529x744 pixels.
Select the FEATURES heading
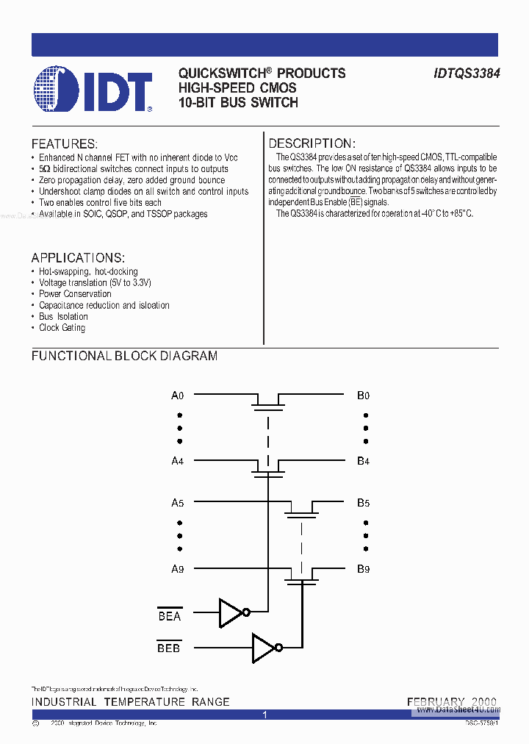click(64, 144)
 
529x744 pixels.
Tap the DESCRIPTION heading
click(312, 143)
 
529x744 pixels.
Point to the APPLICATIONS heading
click(78, 258)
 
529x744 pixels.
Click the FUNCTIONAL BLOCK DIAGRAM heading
click(124, 356)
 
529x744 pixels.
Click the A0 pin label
click(177, 396)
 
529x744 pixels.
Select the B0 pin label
click(363, 396)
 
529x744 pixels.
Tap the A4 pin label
click(177, 461)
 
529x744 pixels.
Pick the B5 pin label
click(363, 504)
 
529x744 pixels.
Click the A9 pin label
click(177, 568)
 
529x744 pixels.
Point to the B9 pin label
click(363, 568)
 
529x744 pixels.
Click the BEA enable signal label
click(170, 616)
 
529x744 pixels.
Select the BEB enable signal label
click(169, 648)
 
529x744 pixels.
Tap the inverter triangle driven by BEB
click(263, 648)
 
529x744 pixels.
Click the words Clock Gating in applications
click(62, 328)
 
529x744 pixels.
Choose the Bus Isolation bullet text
click(63, 317)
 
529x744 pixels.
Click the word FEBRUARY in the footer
click(435, 702)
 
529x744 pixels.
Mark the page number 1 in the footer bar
click(264, 715)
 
